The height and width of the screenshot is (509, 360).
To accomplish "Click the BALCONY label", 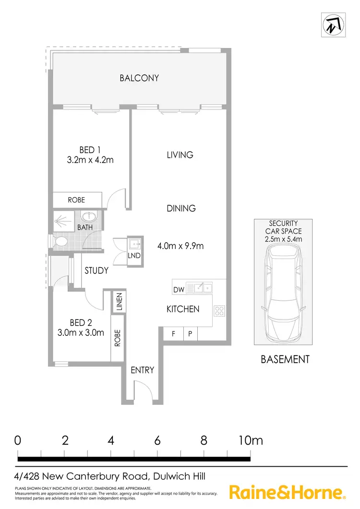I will click(139, 78).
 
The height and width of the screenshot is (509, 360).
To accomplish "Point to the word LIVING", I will click(180, 154).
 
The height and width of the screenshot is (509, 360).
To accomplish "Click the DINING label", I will click(181, 208).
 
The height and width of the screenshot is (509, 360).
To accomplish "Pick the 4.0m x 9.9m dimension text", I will click(181, 246).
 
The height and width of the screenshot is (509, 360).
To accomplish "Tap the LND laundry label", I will click(134, 256).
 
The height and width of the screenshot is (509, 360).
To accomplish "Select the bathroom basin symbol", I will click(88, 217).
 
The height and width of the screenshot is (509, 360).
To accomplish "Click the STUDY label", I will click(96, 271).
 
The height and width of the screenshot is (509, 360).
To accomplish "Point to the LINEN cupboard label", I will click(120, 302).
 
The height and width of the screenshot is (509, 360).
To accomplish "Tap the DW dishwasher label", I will click(179, 290).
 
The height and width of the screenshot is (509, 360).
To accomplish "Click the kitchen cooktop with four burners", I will click(219, 310).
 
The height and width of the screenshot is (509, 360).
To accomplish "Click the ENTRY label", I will click(143, 370).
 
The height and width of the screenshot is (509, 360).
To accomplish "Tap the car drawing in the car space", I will click(283, 293).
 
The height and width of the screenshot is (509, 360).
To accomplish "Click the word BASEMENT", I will click(285, 359).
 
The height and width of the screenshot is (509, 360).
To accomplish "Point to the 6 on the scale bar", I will click(157, 440).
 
